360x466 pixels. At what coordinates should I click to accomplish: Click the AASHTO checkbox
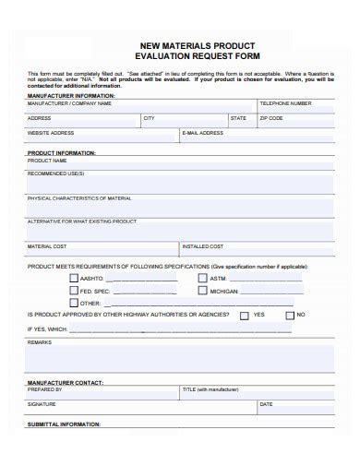(x=74, y=277)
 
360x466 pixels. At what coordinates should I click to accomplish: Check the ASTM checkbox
(x=203, y=277)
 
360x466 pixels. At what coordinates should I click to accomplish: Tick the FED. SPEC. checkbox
(x=74, y=290)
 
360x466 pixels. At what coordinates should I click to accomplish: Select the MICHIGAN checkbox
(x=203, y=290)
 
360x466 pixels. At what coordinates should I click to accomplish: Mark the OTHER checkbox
(x=74, y=303)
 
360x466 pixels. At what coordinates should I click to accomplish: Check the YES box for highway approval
(x=244, y=315)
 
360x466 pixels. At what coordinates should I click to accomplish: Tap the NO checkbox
(x=288, y=315)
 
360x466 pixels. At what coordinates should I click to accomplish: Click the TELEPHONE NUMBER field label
(x=285, y=104)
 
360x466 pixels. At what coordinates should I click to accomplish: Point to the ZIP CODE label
(x=271, y=119)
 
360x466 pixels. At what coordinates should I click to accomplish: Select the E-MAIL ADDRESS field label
(x=203, y=133)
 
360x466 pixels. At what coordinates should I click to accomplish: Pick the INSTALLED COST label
(x=203, y=246)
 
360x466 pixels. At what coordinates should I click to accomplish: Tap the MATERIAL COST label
(x=47, y=246)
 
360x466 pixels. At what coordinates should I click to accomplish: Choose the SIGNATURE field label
(x=42, y=404)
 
